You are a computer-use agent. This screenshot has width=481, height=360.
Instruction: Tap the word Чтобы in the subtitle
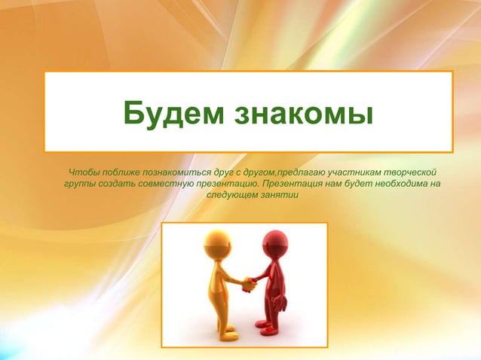(x=83, y=172)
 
